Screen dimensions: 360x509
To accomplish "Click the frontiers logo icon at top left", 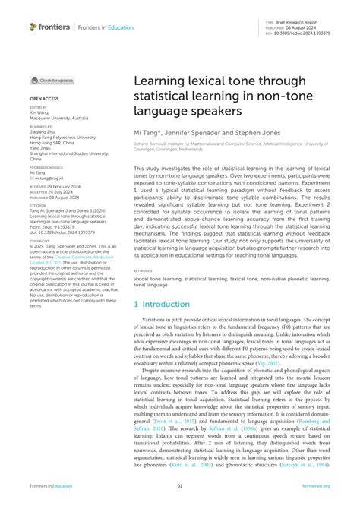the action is (33, 27).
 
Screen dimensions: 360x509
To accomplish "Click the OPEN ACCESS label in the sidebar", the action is (44, 99).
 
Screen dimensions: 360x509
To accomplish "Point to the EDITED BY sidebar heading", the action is (38, 108).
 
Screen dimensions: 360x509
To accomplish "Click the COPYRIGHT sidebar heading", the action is (39, 241).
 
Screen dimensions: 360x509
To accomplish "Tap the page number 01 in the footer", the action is (180, 488).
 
